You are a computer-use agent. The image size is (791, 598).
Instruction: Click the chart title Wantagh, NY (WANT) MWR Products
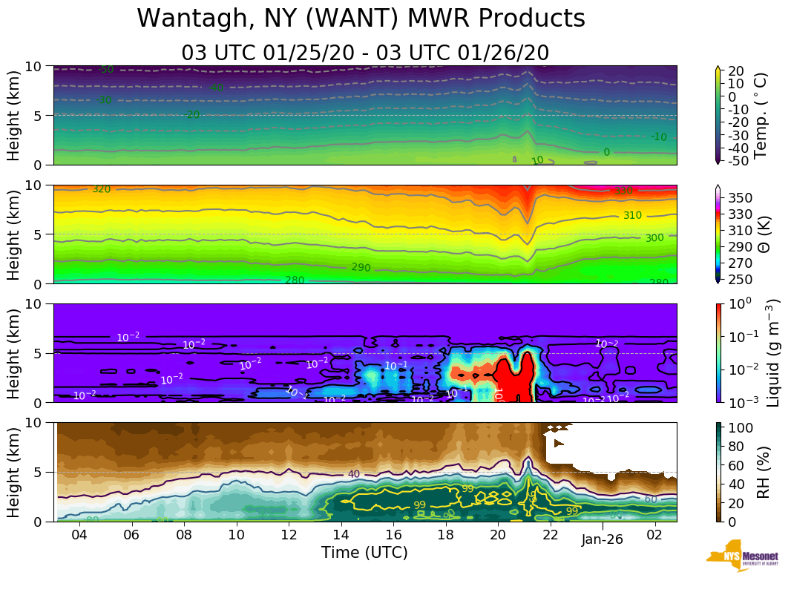(x=361, y=19)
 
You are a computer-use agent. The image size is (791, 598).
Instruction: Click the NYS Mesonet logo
(x=742, y=557)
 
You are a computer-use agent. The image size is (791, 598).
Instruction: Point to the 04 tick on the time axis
(x=79, y=536)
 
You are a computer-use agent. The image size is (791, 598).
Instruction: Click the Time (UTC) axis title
(x=364, y=553)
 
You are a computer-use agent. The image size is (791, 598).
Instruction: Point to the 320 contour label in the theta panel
(x=101, y=189)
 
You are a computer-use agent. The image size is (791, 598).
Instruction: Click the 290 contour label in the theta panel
(x=361, y=267)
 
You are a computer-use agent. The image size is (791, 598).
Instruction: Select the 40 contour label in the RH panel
(x=353, y=474)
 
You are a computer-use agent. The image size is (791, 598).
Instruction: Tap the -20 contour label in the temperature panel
(x=192, y=115)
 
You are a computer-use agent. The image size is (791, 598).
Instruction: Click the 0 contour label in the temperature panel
(x=606, y=152)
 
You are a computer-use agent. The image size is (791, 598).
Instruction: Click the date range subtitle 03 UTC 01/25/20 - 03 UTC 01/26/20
(x=364, y=53)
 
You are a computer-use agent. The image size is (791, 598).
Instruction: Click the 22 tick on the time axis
(x=550, y=536)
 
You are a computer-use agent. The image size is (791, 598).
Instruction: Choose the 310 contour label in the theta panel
(x=632, y=216)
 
